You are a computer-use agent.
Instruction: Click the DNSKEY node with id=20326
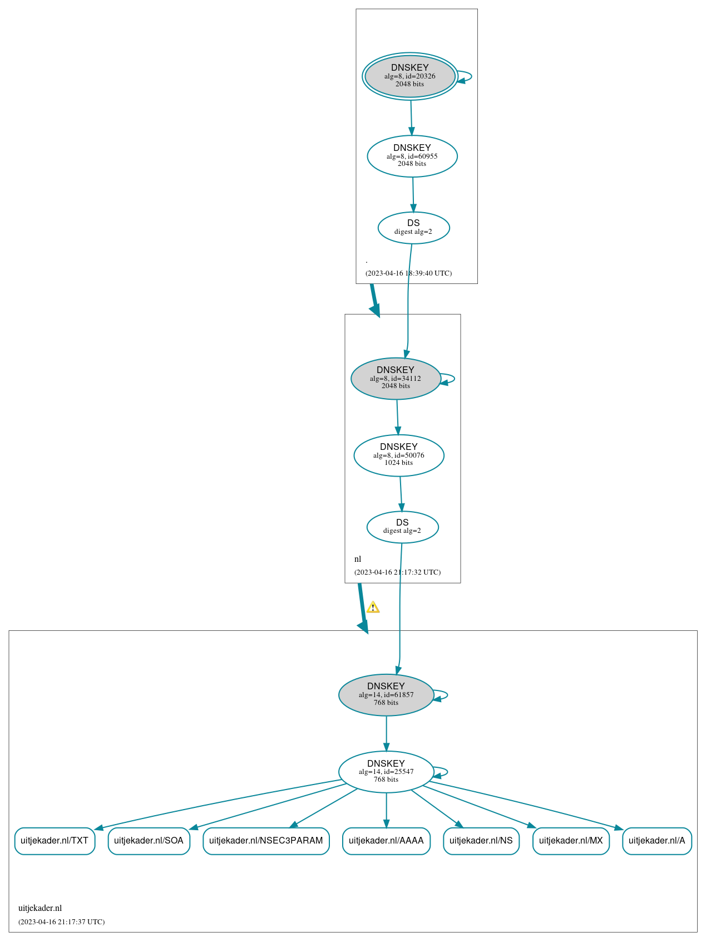pyautogui.click(x=410, y=76)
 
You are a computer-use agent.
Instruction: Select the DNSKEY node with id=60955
pyautogui.click(x=412, y=156)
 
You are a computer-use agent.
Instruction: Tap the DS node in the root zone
pyautogui.click(x=413, y=228)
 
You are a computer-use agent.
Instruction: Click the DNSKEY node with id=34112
pyautogui.click(x=396, y=379)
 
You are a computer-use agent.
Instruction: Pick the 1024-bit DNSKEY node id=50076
pyautogui.click(x=399, y=455)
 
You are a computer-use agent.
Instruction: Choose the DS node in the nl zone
pyautogui.click(x=402, y=527)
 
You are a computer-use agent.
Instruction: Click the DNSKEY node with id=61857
pyautogui.click(x=386, y=695)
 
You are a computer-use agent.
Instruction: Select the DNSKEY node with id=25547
pyautogui.click(x=386, y=772)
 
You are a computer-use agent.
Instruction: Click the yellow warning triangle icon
pyautogui.click(x=373, y=607)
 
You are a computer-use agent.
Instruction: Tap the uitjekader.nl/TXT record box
pyautogui.click(x=55, y=841)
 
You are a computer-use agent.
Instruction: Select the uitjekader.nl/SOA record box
pyautogui.click(x=149, y=841)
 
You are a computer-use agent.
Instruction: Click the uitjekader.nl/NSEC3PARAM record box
pyautogui.click(x=266, y=841)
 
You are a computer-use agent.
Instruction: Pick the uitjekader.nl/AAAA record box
pyautogui.click(x=386, y=841)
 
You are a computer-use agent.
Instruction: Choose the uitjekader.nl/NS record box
pyautogui.click(x=481, y=841)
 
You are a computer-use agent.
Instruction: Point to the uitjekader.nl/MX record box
pyautogui.click(x=571, y=841)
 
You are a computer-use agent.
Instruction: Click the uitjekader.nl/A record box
pyautogui.click(x=657, y=841)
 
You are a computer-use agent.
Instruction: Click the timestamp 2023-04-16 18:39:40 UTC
pyautogui.click(x=408, y=273)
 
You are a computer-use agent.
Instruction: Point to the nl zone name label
pyautogui.click(x=358, y=559)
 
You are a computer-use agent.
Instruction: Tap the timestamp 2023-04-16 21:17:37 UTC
pyautogui.click(x=61, y=922)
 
